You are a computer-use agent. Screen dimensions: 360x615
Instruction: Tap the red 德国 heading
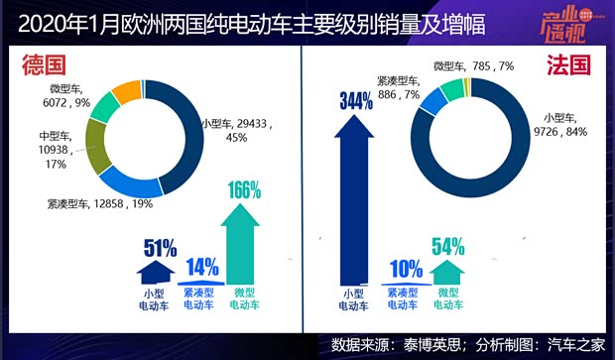(x=46, y=65)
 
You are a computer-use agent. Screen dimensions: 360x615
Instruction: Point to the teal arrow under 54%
(x=449, y=271)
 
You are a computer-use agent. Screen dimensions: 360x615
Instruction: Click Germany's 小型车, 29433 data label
(x=236, y=129)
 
